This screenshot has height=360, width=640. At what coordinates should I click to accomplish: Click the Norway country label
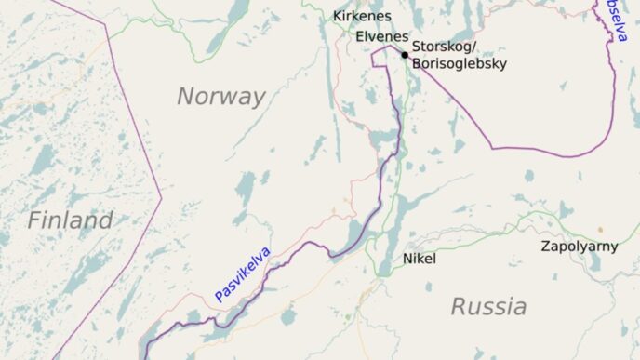221,96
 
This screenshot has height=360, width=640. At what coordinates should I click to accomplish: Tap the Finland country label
70,220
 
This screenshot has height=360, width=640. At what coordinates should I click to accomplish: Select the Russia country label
488,306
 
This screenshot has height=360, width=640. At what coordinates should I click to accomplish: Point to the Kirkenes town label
362,17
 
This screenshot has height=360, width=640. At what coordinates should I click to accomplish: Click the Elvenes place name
381,36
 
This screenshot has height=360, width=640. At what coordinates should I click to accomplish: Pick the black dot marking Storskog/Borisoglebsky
405,55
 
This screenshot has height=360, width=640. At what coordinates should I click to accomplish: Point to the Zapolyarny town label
579,247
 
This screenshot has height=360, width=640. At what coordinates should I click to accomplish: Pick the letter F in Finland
33,220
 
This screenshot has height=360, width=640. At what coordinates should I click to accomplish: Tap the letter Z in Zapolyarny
546,247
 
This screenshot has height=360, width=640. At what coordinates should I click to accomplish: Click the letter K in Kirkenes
338,17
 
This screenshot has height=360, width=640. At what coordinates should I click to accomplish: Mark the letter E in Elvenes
360,36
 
